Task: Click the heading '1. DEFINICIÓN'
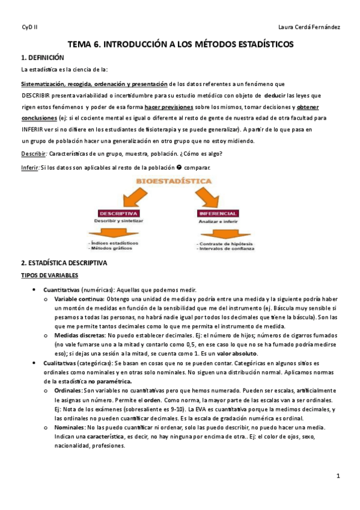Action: (x=43, y=58)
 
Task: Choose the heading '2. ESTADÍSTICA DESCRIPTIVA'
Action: (x=64, y=263)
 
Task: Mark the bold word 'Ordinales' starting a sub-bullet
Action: (x=68, y=390)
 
